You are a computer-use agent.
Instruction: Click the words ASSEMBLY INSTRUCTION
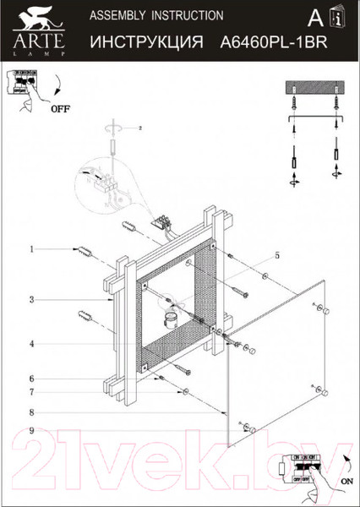[x=156, y=15]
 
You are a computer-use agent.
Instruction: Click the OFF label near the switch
[x=61, y=109]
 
